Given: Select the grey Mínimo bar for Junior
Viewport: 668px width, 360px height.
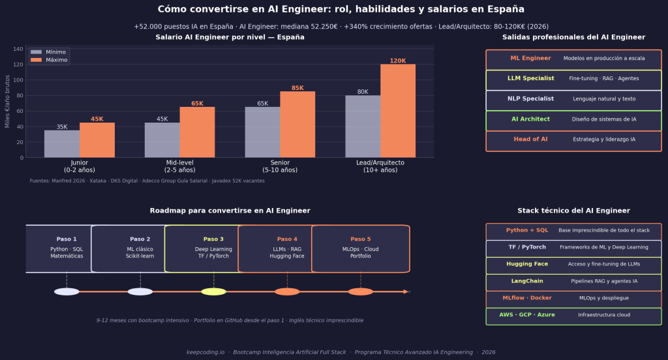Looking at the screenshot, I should pyautogui.click(x=62, y=143).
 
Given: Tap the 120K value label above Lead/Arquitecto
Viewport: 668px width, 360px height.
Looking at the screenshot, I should pyautogui.click(x=398, y=61).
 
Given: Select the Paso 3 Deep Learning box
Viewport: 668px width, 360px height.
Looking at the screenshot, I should pyautogui.click(x=213, y=248).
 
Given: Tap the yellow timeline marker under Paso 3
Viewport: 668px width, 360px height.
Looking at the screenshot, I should pyautogui.click(x=213, y=292).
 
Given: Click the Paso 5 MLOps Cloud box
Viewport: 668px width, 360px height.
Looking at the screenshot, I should pyautogui.click(x=360, y=248).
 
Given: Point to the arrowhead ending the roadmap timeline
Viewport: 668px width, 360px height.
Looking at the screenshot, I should pyautogui.click(x=406, y=292).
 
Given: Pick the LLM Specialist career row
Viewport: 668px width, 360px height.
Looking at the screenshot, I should pyautogui.click(x=573, y=80).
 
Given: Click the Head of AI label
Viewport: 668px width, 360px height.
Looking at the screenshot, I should pyautogui.click(x=530, y=140).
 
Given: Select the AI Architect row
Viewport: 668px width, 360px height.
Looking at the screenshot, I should pyautogui.click(x=573, y=120).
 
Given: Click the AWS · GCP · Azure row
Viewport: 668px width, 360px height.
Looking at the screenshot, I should pyautogui.click(x=573, y=316).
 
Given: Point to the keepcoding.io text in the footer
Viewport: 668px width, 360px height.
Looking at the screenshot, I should pyautogui.click(x=205, y=352).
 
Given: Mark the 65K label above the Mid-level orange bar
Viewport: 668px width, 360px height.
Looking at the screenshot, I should pyautogui.click(x=197, y=104).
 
